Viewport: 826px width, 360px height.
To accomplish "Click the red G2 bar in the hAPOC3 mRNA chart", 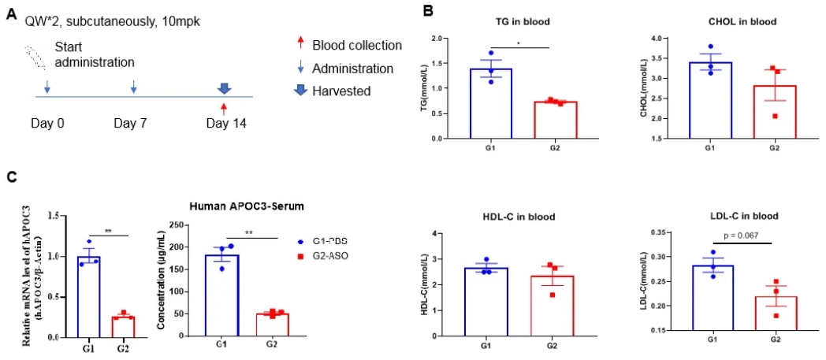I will [122, 326].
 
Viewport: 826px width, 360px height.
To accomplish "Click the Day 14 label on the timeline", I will [225, 123].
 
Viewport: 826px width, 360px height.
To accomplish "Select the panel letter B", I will [426, 12].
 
